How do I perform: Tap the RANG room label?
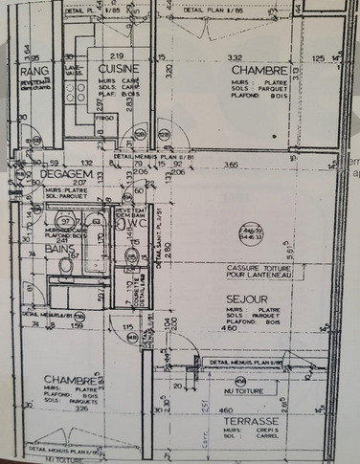point(34,73)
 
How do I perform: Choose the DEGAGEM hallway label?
point(65,175)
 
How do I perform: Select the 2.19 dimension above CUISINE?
point(119,57)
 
